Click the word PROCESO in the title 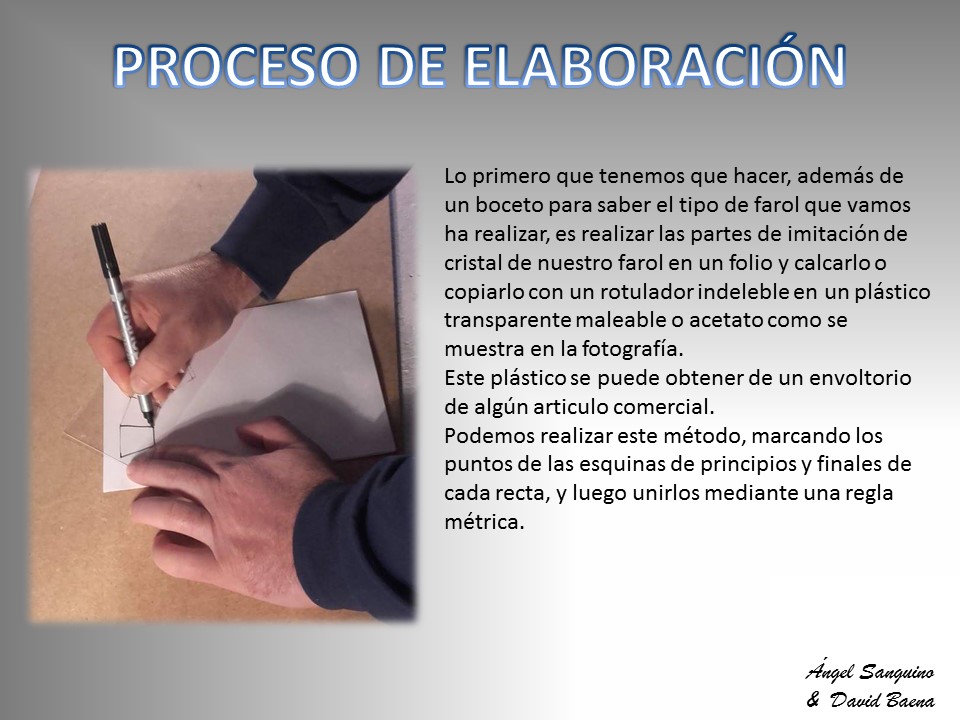236,66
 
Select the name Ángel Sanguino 869,672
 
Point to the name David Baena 882,700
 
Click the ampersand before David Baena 813,699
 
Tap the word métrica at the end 484,522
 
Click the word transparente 507,321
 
